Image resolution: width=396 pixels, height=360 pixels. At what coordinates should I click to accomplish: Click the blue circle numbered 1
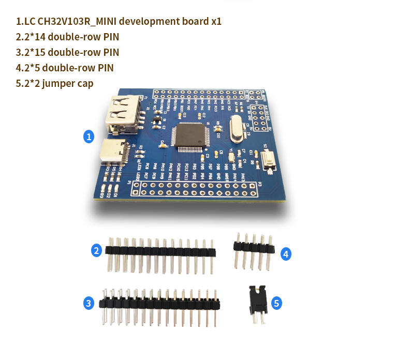pos(89,137)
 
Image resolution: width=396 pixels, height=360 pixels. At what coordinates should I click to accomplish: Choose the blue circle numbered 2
pos(96,251)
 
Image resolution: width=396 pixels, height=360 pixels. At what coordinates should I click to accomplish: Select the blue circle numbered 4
pos(286,254)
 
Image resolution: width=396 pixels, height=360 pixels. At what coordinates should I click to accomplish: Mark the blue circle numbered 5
pos(277,303)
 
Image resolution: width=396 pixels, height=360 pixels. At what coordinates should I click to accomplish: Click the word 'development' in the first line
pos(149,22)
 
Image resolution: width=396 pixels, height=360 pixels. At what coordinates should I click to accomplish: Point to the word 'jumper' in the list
pos(60,84)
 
